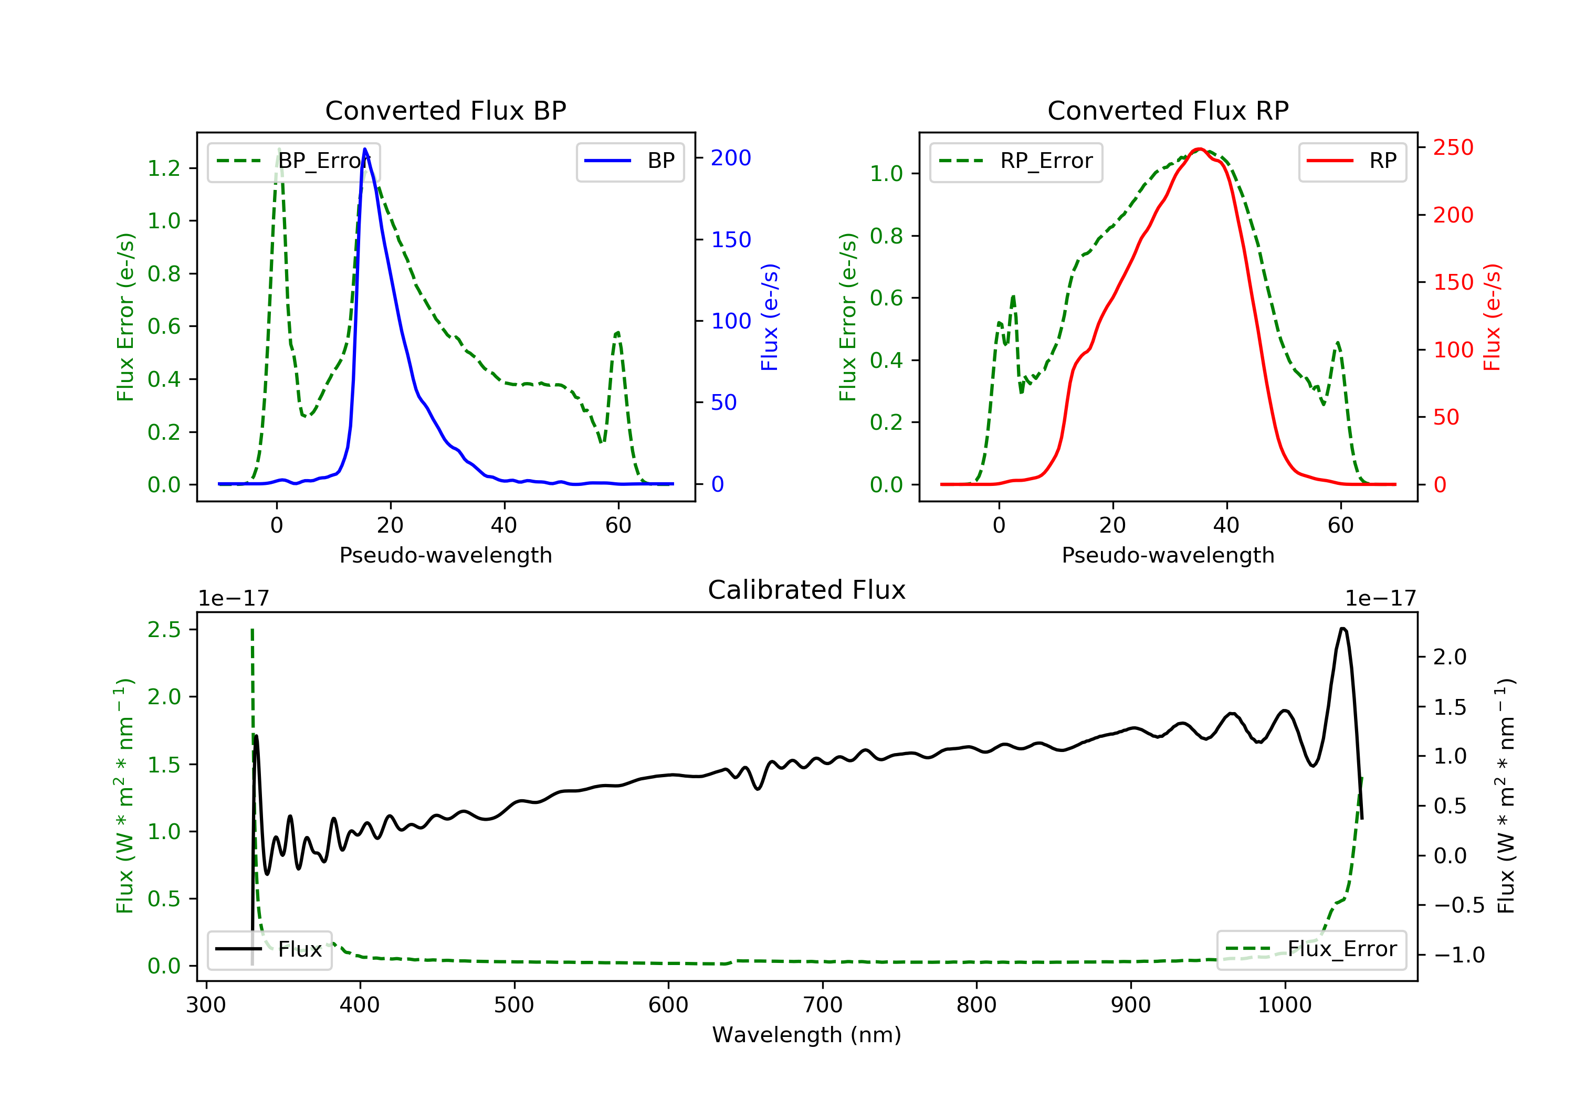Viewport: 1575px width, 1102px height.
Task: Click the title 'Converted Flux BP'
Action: (446, 110)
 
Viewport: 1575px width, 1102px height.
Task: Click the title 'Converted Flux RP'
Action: (1168, 110)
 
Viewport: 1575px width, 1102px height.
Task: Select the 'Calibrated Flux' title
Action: (807, 590)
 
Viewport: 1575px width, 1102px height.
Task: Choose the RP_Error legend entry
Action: (1016, 162)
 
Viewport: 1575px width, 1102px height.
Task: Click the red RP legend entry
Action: (1352, 162)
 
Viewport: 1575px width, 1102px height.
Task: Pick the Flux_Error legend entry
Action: (1311, 949)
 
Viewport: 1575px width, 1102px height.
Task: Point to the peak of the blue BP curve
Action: (365, 149)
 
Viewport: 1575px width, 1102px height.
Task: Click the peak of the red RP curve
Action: (1199, 149)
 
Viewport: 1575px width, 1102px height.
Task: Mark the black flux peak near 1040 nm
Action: (1343, 628)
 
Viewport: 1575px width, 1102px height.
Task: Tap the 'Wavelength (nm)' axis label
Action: (807, 1035)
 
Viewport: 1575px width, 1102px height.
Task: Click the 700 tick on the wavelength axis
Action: (823, 1004)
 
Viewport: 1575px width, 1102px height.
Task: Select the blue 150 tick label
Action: (731, 240)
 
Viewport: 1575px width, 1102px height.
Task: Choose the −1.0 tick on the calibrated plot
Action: (1459, 955)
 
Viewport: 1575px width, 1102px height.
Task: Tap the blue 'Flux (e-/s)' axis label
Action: (770, 317)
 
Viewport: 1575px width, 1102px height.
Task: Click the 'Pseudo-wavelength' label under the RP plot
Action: (1168, 555)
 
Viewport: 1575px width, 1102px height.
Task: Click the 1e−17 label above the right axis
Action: (1380, 599)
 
